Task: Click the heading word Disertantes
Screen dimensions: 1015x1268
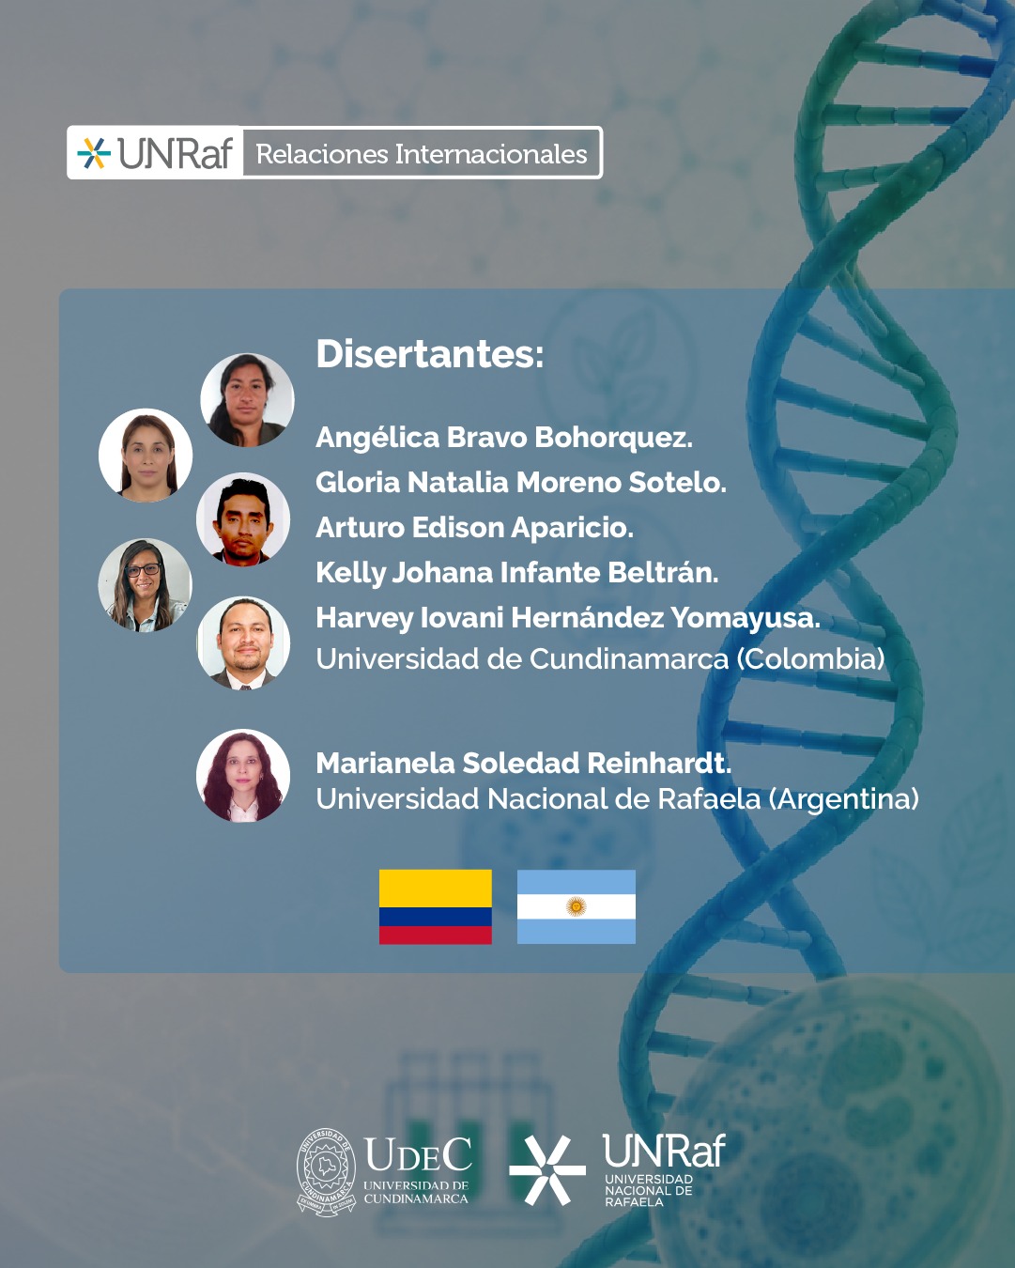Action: pyautogui.click(x=429, y=354)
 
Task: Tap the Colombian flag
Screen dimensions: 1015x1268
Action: pyautogui.click(x=436, y=906)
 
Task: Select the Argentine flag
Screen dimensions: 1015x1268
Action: pyautogui.click(x=577, y=906)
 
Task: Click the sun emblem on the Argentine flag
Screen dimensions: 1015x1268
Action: pyautogui.click(x=577, y=906)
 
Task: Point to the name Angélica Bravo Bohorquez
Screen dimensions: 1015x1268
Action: pyautogui.click(x=504, y=438)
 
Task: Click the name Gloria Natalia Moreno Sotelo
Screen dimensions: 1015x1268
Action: pyautogui.click(x=521, y=482)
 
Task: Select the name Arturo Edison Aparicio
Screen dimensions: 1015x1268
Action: pyautogui.click(x=475, y=527)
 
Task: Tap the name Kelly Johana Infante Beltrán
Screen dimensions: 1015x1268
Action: pyautogui.click(x=517, y=572)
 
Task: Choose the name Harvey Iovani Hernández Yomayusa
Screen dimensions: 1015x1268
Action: pyautogui.click(x=568, y=617)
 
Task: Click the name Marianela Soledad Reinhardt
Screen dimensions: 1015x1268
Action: pyautogui.click(x=524, y=763)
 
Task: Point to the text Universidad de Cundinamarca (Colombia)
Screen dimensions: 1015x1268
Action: pyautogui.click(x=600, y=658)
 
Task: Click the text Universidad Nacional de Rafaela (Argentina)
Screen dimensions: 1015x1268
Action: pyautogui.click(x=618, y=799)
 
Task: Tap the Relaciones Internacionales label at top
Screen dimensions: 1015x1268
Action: pyautogui.click(x=422, y=154)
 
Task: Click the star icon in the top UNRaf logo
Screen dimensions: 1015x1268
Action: pyautogui.click(x=94, y=153)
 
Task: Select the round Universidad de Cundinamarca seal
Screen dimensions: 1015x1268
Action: pyautogui.click(x=326, y=1171)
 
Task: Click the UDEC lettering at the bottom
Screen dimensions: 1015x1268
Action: pyautogui.click(x=418, y=1154)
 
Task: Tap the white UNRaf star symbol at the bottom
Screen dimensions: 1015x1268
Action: pyautogui.click(x=547, y=1169)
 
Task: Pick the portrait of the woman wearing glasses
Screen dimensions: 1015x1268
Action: pyautogui.click(x=145, y=585)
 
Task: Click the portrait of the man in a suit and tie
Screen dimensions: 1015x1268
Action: pyautogui.click(x=243, y=642)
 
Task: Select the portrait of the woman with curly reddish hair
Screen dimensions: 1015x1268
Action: pyautogui.click(x=243, y=776)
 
